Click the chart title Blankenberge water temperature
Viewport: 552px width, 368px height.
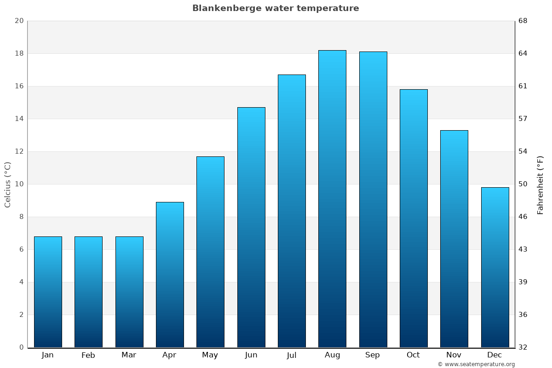(x=276, y=8)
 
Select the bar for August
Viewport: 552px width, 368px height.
(x=332, y=199)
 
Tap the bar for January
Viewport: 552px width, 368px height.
(x=48, y=292)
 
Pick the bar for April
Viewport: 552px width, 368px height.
(x=170, y=275)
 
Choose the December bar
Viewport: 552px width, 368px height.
(x=495, y=267)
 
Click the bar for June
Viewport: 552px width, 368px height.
(x=251, y=227)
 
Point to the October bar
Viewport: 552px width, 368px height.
(x=414, y=218)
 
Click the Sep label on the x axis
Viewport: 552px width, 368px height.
(x=373, y=355)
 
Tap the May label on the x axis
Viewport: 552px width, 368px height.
(x=210, y=355)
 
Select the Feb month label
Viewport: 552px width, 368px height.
(x=88, y=355)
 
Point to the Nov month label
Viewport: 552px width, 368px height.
(x=454, y=355)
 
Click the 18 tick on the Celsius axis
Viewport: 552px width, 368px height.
(x=19, y=53)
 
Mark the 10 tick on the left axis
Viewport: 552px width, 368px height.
(x=19, y=184)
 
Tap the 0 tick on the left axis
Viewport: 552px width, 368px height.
(x=21, y=347)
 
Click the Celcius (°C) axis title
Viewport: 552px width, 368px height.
(x=7, y=184)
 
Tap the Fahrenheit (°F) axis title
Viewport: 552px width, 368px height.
(x=540, y=184)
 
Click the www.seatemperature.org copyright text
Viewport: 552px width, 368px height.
(x=476, y=364)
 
